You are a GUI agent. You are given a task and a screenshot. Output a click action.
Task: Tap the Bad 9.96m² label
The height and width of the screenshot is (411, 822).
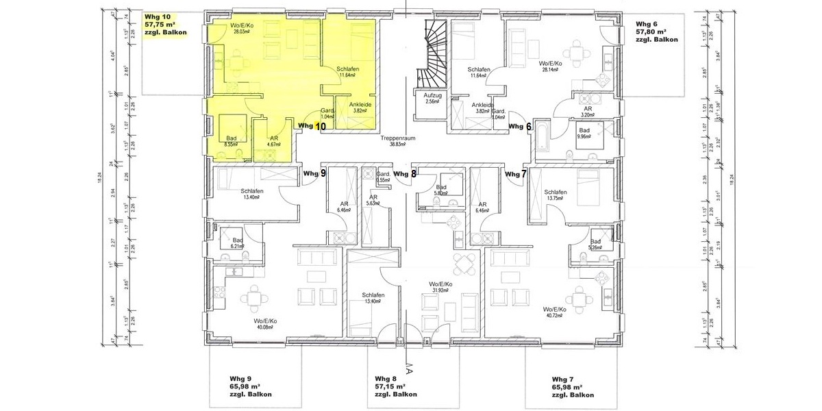[x=584, y=133]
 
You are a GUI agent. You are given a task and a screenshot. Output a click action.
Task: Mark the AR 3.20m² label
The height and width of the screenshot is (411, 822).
[x=587, y=112]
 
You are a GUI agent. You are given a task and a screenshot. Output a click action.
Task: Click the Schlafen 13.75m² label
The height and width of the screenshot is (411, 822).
[x=555, y=195]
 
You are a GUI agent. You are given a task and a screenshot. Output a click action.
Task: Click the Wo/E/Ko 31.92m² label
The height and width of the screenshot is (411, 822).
[x=439, y=287]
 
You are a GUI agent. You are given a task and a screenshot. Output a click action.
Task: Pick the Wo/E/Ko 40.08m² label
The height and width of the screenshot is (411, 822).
[x=264, y=323]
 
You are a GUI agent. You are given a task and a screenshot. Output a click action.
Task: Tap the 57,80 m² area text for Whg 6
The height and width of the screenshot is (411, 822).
[x=651, y=32]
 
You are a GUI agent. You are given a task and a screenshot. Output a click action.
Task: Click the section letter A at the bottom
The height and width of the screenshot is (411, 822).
[x=409, y=373]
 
